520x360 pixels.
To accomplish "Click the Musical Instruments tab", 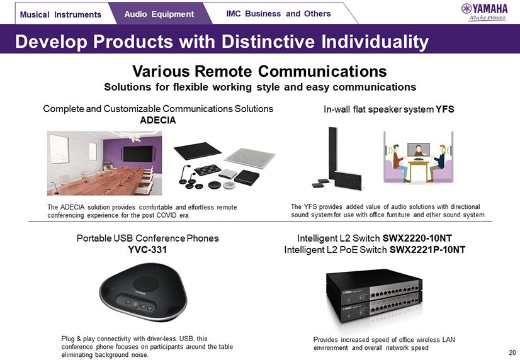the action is coord(60,14).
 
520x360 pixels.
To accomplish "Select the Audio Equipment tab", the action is coord(159,14).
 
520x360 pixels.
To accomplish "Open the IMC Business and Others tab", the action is coord(278,14).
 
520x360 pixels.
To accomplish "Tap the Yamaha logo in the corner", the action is coord(484,12).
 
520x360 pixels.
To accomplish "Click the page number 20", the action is coord(512,352).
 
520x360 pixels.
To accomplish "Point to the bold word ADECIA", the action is coord(158,120).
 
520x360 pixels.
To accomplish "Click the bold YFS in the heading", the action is coord(444,109).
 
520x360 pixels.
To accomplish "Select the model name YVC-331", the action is coord(147,249).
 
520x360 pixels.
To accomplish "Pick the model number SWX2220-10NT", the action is coord(417,239).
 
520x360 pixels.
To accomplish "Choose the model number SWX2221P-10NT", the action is coord(427,250).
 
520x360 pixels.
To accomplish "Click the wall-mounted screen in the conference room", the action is coord(138,154).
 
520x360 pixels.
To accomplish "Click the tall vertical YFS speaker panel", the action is coord(333,153).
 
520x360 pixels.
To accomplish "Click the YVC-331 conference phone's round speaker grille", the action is coord(145,284).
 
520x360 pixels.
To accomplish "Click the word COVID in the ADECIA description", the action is coord(165,215).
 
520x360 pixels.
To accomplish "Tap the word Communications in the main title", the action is coord(322,71).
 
